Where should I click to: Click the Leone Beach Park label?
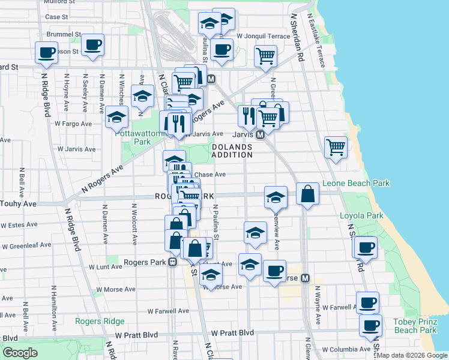[356, 183]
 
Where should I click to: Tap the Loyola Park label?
[361, 215]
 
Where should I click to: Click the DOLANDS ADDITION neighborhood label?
[232, 151]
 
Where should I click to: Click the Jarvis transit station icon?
[261, 135]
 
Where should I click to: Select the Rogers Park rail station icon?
[172, 262]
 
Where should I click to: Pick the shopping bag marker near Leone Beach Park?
[307, 194]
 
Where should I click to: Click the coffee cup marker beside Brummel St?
[92, 45]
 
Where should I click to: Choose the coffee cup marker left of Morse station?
[274, 271]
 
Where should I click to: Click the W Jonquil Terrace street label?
[264, 36]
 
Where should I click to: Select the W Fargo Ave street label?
[73, 124]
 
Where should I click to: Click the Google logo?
[20, 353]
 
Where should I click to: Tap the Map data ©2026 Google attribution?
[412, 355]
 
